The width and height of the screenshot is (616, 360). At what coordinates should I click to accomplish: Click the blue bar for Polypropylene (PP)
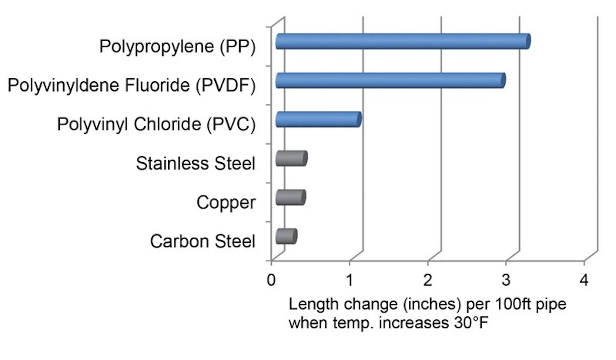402,42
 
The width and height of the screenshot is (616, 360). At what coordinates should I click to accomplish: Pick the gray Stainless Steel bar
291,159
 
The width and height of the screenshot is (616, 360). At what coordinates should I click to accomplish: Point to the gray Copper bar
290,198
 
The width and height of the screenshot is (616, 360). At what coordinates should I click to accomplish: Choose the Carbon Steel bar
286,237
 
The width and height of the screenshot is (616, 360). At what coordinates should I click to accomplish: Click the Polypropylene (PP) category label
177,46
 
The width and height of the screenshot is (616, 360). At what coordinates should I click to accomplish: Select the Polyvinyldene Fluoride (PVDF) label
131,85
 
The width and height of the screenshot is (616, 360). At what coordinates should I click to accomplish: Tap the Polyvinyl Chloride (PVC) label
156,124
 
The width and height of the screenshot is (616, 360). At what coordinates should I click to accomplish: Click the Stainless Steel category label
195,163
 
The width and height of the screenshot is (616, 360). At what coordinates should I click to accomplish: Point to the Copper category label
226,202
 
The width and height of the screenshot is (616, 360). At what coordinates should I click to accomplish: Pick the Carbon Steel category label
202,241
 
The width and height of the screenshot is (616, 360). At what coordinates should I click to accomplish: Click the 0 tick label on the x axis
271,280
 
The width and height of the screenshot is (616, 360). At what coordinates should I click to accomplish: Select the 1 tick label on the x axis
350,280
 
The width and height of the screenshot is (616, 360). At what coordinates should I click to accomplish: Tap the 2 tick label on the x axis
428,280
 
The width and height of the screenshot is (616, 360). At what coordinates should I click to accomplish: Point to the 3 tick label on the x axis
506,280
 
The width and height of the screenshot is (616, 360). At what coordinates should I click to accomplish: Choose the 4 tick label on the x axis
584,280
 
